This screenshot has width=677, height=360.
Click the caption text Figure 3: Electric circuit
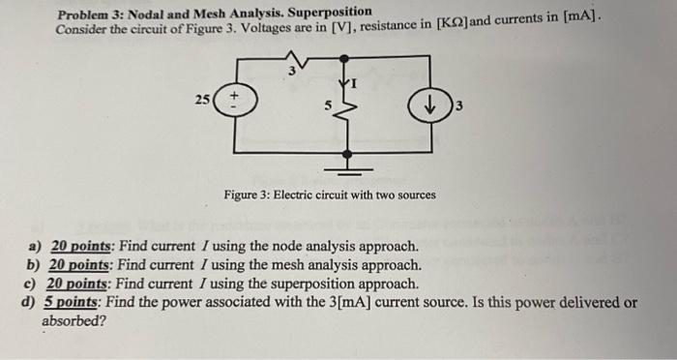tap(290, 195)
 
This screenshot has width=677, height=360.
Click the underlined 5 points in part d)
tap(74, 302)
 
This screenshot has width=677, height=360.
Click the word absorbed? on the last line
tap(74, 320)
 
